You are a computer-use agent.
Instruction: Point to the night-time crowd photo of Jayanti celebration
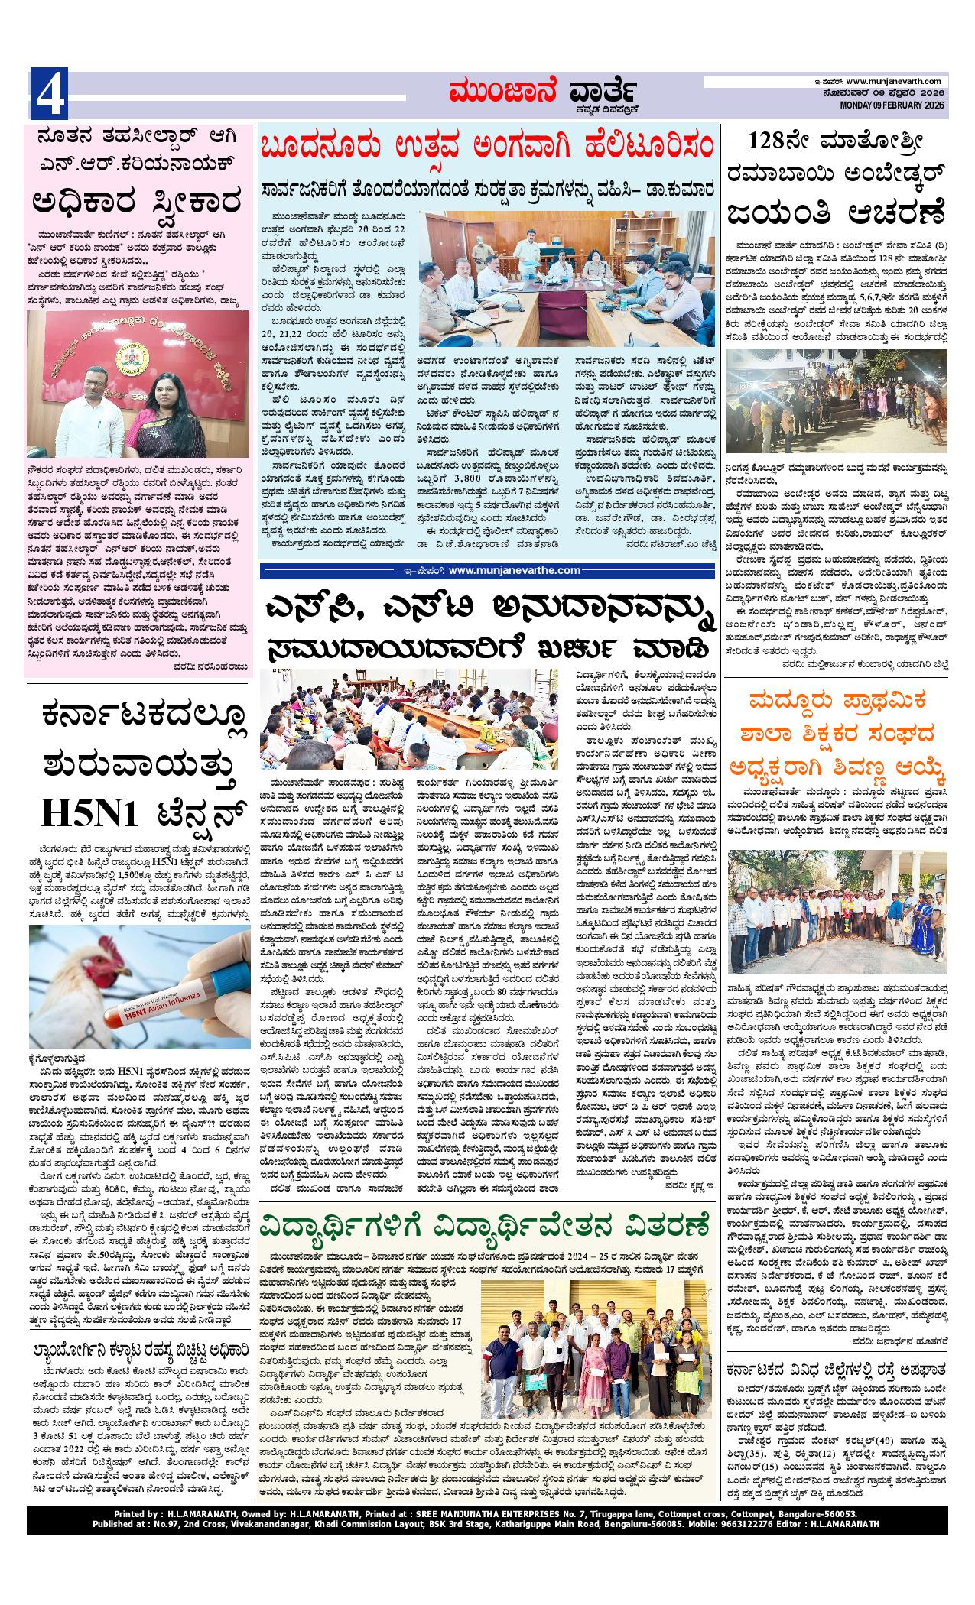point(837,412)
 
